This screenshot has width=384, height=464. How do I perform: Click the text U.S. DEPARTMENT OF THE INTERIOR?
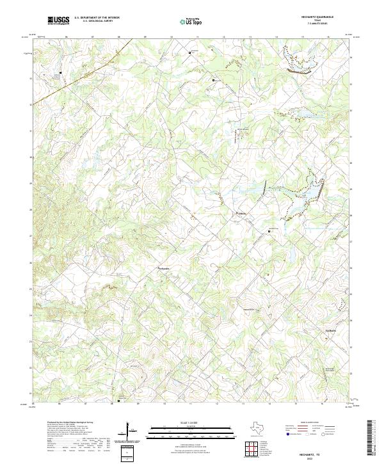click(x=97, y=18)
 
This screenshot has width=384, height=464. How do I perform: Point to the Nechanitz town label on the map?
click(x=164, y=269)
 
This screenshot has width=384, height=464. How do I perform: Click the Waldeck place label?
click(x=242, y=214)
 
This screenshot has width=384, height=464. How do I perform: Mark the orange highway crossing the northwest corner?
click(x=48, y=94)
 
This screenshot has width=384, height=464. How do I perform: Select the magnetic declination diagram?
click(x=132, y=431)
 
